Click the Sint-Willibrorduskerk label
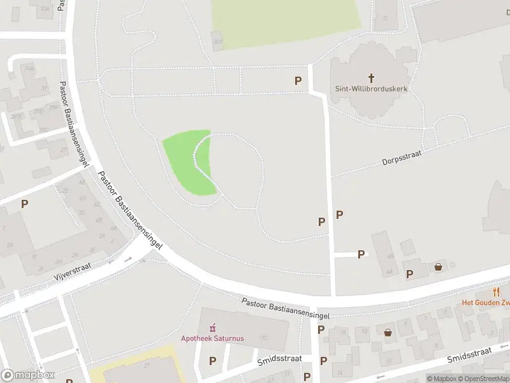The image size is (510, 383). coord(371,89)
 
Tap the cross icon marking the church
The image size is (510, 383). coord(371,78)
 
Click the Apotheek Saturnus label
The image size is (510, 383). coord(212,338)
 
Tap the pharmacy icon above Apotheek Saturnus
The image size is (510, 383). coord(213,327)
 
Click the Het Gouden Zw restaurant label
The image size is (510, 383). coord(485,303)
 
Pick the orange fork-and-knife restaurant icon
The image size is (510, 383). coord(496,292)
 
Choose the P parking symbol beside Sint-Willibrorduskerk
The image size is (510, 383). coord(298,80)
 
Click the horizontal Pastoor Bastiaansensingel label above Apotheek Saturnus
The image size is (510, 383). coord(286,308)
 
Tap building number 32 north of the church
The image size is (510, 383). coord(385,18)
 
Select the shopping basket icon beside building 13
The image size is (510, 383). coord(388,332)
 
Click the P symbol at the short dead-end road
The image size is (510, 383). coord(361,254)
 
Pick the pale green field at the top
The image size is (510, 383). coord(286,22)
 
